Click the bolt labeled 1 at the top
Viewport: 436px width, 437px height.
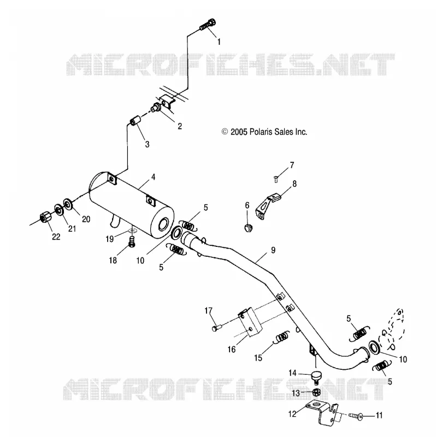(x=208, y=24)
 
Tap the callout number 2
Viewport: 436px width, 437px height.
(x=180, y=126)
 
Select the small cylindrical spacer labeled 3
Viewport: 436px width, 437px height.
(x=135, y=122)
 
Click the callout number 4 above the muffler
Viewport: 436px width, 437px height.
(x=153, y=177)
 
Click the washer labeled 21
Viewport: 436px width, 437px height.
(x=58, y=209)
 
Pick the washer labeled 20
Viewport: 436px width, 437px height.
(x=68, y=204)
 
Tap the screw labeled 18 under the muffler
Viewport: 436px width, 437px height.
(x=132, y=241)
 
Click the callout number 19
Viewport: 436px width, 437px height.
(x=110, y=239)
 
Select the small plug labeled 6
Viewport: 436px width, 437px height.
(x=248, y=227)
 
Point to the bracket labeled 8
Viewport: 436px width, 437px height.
(x=267, y=205)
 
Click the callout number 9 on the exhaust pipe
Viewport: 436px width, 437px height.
(x=273, y=250)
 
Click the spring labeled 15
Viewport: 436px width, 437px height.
(x=282, y=338)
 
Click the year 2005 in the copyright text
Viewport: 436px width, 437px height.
(x=239, y=132)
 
